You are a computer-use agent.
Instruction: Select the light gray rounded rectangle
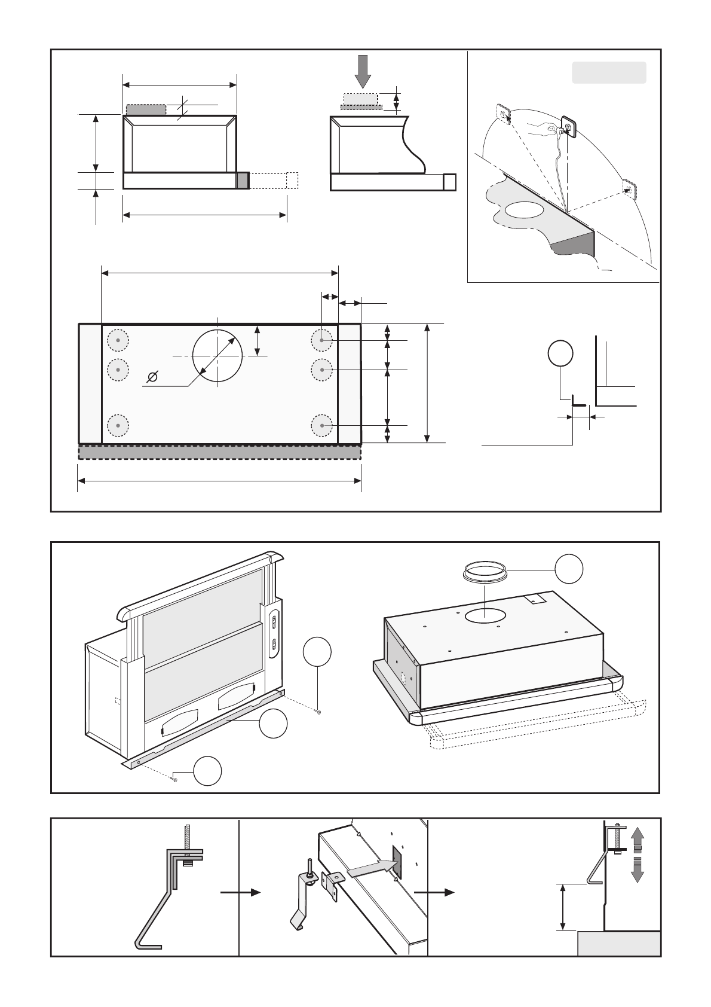click(609, 72)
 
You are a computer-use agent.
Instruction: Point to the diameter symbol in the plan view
click(153, 376)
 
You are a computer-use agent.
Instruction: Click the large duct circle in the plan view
click(217, 355)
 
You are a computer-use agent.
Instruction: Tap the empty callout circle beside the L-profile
click(560, 353)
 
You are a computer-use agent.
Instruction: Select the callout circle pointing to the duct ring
click(569, 569)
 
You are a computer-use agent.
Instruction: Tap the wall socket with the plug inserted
click(568, 127)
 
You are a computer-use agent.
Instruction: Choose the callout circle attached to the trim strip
click(273, 724)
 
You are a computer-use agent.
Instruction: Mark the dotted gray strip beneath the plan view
click(219, 452)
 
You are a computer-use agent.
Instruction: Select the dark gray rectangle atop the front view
click(146, 110)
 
